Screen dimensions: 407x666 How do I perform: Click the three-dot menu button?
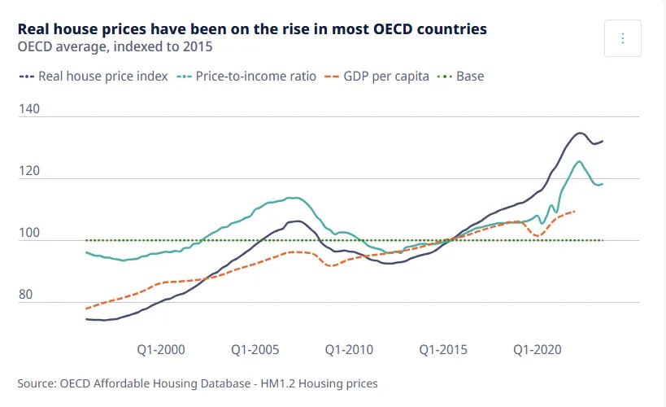(623, 38)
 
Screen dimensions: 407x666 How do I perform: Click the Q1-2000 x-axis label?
(161, 350)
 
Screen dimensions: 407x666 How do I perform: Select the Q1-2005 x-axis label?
(255, 350)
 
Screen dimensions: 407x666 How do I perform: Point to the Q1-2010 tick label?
(349, 350)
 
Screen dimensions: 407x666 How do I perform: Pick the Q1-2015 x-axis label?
(443, 350)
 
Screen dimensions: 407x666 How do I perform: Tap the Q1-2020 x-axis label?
(537, 350)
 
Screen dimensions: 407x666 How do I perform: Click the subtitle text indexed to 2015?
(167, 46)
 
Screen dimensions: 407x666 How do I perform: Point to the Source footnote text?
(198, 383)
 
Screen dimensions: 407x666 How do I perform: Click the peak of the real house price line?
(580, 133)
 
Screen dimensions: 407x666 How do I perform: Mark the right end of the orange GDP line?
(575, 212)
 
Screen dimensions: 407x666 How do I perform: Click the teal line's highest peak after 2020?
(579, 161)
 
